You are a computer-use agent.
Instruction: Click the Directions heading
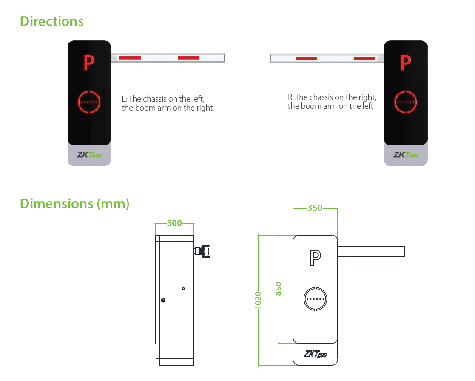[51, 21]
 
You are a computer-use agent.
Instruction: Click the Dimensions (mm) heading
[74, 204]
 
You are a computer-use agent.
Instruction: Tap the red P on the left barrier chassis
[88, 63]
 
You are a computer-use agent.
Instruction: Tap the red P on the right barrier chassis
[405, 63]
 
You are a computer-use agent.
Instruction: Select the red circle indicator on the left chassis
[89, 102]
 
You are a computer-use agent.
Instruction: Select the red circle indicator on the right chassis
[405, 102]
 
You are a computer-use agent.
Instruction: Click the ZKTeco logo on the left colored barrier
[89, 155]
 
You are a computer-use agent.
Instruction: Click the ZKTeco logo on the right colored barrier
[405, 155]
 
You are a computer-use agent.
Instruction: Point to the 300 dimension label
[174, 223]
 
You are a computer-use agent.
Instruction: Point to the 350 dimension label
[315, 208]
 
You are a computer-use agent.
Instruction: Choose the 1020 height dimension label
[258, 300]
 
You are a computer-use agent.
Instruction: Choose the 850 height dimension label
[279, 289]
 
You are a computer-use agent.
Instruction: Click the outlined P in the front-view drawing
[315, 258]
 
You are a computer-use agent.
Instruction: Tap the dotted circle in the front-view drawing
[315, 299]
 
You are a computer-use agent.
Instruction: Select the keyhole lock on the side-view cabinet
[163, 300]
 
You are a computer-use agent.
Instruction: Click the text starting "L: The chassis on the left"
[167, 103]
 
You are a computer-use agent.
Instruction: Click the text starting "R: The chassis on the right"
[332, 102]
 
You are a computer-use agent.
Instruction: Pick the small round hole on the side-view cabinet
[183, 289]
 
